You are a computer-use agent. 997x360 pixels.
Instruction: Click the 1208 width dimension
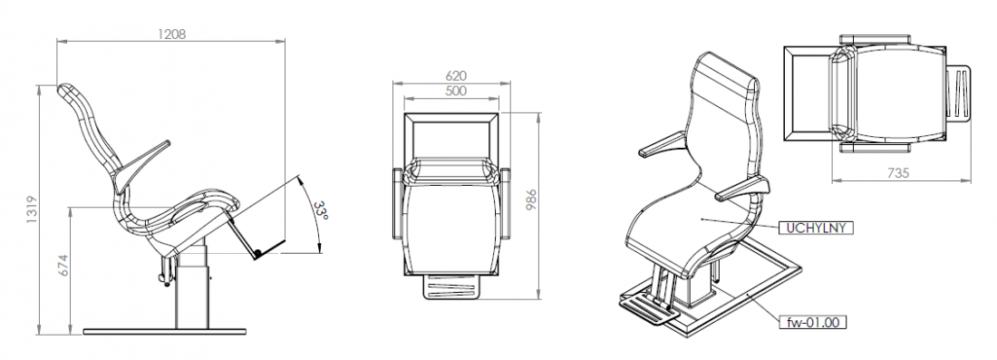click(172, 34)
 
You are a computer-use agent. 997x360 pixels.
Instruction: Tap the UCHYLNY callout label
click(817, 228)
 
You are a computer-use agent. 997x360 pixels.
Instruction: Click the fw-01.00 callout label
click(817, 321)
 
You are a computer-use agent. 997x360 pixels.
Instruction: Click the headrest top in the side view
click(69, 91)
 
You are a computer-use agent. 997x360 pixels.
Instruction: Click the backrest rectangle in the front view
click(452, 136)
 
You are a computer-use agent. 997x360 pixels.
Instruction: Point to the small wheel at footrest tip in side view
click(257, 253)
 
